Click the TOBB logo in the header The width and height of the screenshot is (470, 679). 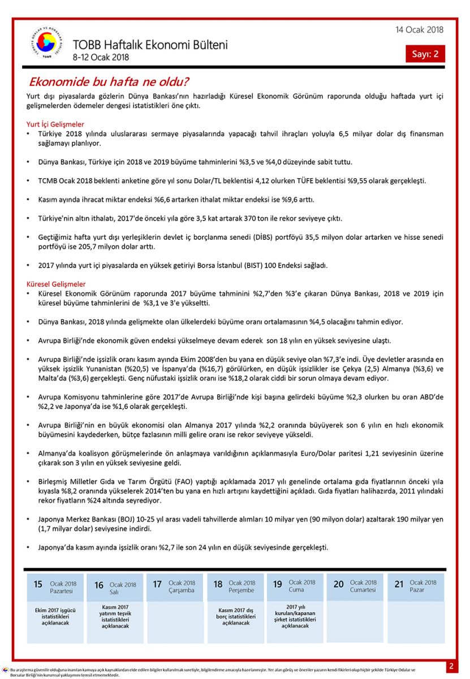point(48,44)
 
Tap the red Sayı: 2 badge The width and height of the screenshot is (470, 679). point(425,54)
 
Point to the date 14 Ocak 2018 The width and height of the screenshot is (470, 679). point(420,30)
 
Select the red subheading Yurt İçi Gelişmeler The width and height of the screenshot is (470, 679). point(55,124)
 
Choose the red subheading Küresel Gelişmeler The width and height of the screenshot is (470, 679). point(56,283)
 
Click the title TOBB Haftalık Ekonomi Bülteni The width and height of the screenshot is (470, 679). point(150,45)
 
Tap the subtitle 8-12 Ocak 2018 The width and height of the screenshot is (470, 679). point(101,57)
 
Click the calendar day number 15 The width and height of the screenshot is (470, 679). point(38,585)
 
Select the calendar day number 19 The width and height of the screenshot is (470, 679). point(277,585)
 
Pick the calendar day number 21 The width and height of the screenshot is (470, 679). point(399,585)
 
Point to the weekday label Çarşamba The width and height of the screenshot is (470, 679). point(181,590)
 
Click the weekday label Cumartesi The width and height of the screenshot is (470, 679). point(363,590)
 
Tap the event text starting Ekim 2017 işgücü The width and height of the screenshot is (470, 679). point(55,616)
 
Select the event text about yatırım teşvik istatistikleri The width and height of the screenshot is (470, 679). point(115,616)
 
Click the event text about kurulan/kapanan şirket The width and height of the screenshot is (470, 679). point(295,616)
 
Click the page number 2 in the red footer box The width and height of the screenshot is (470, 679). point(451,666)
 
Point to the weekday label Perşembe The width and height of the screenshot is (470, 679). point(242,590)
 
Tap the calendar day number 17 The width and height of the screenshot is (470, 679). point(157,585)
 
